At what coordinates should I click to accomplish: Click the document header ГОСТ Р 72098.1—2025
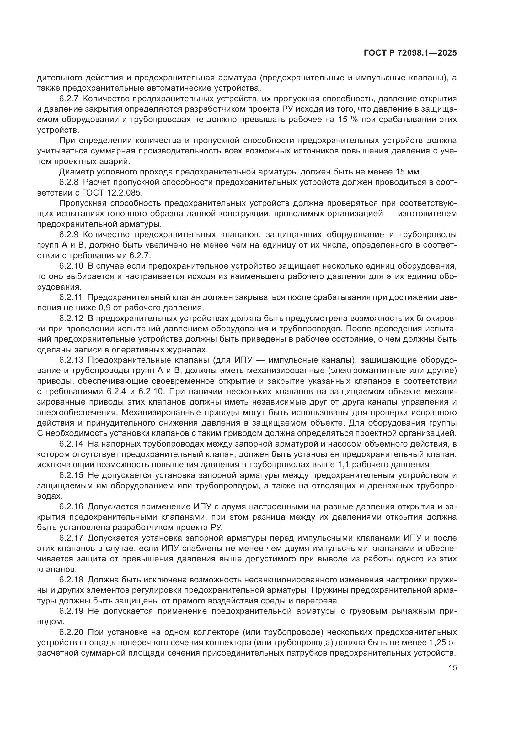click(x=410, y=53)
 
